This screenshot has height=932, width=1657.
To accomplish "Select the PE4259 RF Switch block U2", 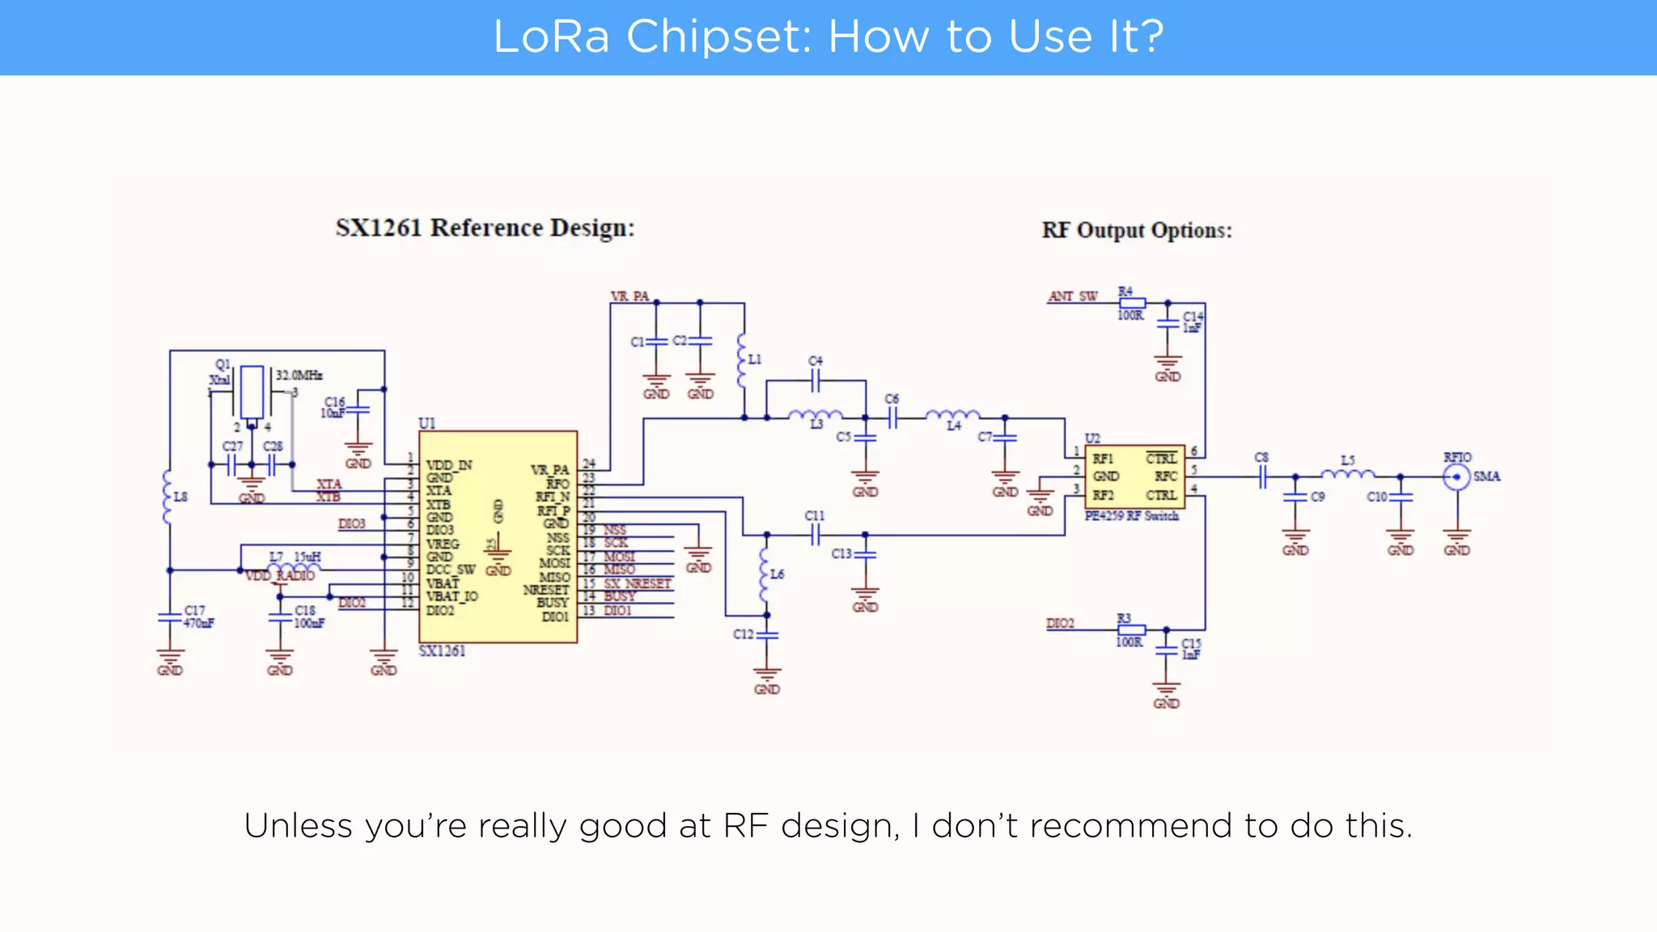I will [1134, 477].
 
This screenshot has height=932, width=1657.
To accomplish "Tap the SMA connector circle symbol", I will [1456, 477].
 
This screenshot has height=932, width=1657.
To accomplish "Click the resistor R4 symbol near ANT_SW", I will [1131, 303].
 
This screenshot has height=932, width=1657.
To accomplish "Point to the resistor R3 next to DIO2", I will [1131, 629].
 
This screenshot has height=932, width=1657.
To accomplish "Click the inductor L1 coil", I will [741, 361].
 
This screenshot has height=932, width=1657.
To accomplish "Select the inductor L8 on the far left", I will [167, 497].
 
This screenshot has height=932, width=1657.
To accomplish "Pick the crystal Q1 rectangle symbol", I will [252, 392].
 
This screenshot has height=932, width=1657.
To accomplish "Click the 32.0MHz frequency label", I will [299, 375].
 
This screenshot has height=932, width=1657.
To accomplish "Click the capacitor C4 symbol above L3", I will [816, 380].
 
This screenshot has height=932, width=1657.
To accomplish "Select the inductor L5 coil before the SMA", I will [1347, 474].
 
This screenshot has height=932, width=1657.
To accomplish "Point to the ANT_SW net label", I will [1073, 297].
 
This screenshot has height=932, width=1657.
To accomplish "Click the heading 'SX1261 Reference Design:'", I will [485, 228].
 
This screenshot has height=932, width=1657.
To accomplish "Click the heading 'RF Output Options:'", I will [1137, 231].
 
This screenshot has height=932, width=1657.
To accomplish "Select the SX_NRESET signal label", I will [638, 583].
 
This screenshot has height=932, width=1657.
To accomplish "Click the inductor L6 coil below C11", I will [765, 574].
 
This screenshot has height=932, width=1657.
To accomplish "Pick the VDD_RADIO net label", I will [280, 576].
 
